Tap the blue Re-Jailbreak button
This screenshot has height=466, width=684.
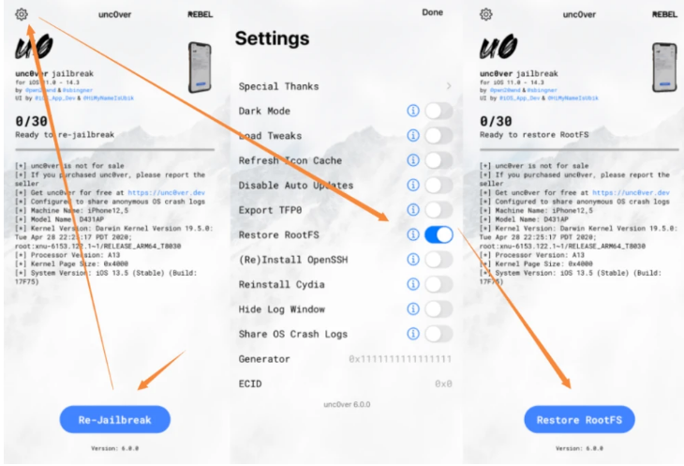[115, 419]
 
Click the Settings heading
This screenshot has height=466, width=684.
[272, 38]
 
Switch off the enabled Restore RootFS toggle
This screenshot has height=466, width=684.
[439, 234]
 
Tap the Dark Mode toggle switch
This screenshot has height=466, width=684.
[439, 111]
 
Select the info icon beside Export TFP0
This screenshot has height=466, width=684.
[412, 210]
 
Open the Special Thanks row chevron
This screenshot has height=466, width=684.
[448, 86]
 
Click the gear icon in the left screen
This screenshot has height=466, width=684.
[22, 14]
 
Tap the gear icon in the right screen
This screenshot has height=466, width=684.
[485, 14]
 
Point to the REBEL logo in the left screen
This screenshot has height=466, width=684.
[200, 14]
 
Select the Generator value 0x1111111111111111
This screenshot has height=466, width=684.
[400, 359]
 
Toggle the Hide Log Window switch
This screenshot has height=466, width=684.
[439, 309]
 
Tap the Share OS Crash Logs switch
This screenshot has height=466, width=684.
[439, 334]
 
